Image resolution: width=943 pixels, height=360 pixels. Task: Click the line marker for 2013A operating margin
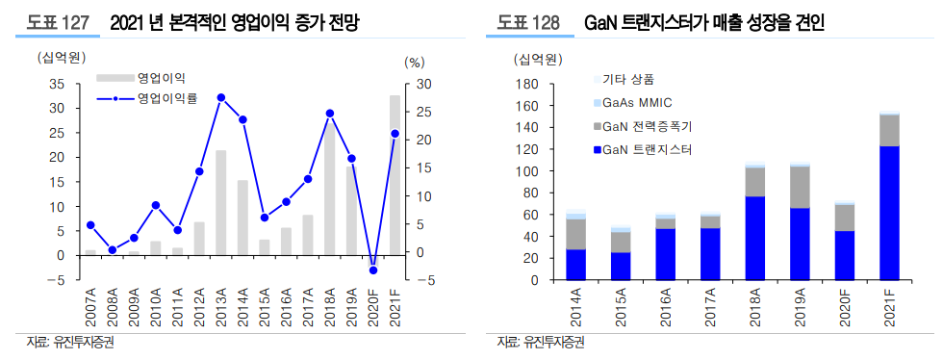[221, 97]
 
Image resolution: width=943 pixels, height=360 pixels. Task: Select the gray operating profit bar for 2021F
[395, 173]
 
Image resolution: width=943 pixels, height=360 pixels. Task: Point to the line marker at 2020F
[373, 270]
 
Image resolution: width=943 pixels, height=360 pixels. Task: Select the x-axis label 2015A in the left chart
[265, 308]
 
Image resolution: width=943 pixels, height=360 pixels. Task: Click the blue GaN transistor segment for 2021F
[889, 213]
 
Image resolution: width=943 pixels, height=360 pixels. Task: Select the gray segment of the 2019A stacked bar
[799, 187]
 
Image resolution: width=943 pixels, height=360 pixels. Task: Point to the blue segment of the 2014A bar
[576, 265]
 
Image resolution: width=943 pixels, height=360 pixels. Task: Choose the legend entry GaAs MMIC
[635, 102]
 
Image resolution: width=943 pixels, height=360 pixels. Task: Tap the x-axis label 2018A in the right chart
[754, 309]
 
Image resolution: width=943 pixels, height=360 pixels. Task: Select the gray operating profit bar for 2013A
[221, 202]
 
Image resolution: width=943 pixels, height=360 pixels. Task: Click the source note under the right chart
[539, 342]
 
